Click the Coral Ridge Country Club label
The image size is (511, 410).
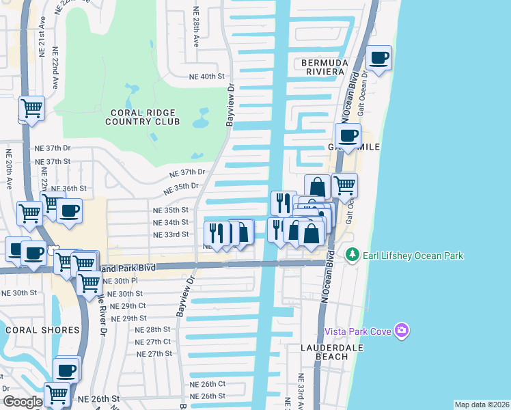coord(142,117)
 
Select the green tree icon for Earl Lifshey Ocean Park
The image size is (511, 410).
coord(353,255)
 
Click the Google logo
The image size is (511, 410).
coord(23,402)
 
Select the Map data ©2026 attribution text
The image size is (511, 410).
coord(482,405)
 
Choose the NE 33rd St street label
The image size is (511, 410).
coord(170,234)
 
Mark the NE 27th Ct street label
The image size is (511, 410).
coord(153,342)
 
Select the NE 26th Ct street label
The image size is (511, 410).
coord(208,384)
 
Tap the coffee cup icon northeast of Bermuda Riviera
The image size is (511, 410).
coord(378,57)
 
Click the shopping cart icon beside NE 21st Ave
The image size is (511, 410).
coord(31,107)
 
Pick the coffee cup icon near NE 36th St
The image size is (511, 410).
coord(69,210)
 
